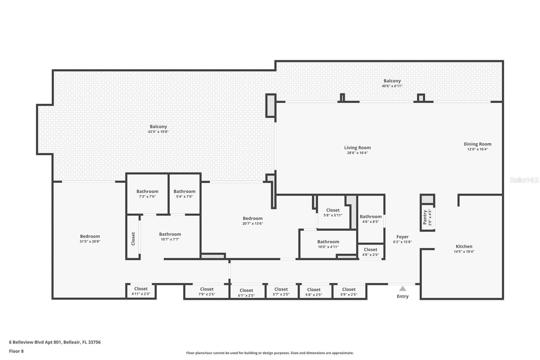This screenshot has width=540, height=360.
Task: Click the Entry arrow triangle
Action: point(402,289)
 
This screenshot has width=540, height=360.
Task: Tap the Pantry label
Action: point(425,217)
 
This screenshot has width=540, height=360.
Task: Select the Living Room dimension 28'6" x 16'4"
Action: point(357,153)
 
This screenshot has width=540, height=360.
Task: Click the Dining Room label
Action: point(477,144)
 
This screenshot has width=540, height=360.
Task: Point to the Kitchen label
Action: point(464,246)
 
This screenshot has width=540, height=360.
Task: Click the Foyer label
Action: point(402,237)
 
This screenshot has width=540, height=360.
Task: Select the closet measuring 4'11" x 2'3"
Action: point(141,291)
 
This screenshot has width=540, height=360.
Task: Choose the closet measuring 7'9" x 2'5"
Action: point(207,291)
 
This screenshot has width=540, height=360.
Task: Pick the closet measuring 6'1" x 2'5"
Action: point(246,292)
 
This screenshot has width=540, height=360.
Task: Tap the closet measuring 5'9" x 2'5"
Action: point(349,291)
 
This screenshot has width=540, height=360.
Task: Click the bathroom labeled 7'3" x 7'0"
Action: point(147,194)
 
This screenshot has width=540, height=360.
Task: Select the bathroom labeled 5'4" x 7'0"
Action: point(184,194)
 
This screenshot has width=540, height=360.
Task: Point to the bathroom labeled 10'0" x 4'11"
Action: point(328,244)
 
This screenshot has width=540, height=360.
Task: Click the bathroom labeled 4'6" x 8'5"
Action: point(371,219)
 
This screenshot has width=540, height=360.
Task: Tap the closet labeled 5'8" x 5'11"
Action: point(333,212)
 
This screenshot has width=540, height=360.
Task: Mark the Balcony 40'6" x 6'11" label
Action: point(392,83)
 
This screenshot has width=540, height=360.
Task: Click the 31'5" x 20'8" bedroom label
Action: point(90,238)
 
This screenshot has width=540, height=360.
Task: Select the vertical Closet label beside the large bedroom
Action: point(133,238)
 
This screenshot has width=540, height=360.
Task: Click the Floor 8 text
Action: point(16,351)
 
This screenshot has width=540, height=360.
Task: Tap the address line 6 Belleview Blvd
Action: point(55,342)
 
